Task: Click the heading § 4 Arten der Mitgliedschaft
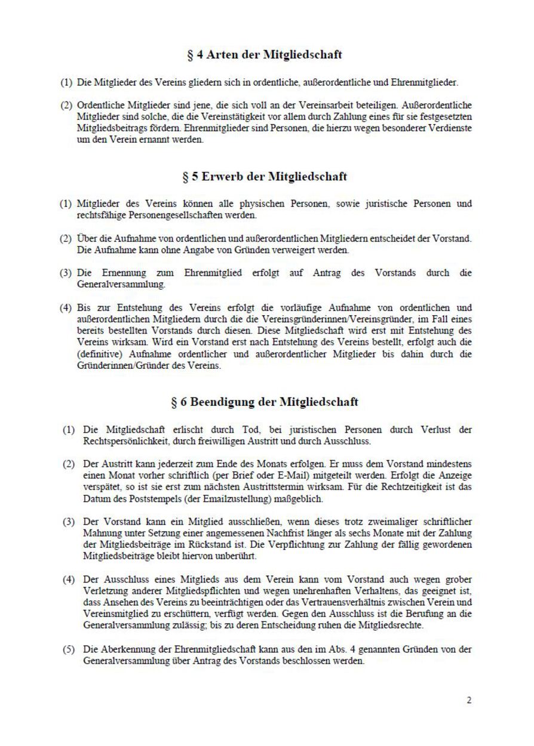coord(265,55)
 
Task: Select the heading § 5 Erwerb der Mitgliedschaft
coord(265,177)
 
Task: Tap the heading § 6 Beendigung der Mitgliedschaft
coord(265,402)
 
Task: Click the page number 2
coord(469,700)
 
